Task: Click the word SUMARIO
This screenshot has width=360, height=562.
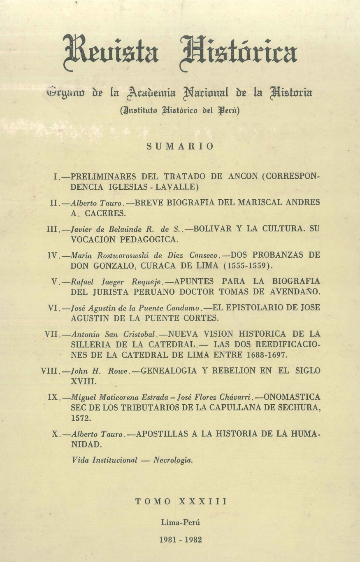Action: (x=180, y=147)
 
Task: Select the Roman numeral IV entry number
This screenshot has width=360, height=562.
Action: (x=54, y=255)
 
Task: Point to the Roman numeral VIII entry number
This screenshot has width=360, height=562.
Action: (x=51, y=371)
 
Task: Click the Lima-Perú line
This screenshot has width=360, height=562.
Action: (x=180, y=522)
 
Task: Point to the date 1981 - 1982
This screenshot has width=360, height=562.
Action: (x=180, y=540)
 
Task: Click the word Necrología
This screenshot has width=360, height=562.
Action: (x=173, y=460)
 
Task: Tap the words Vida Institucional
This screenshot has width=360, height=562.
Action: (x=105, y=460)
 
